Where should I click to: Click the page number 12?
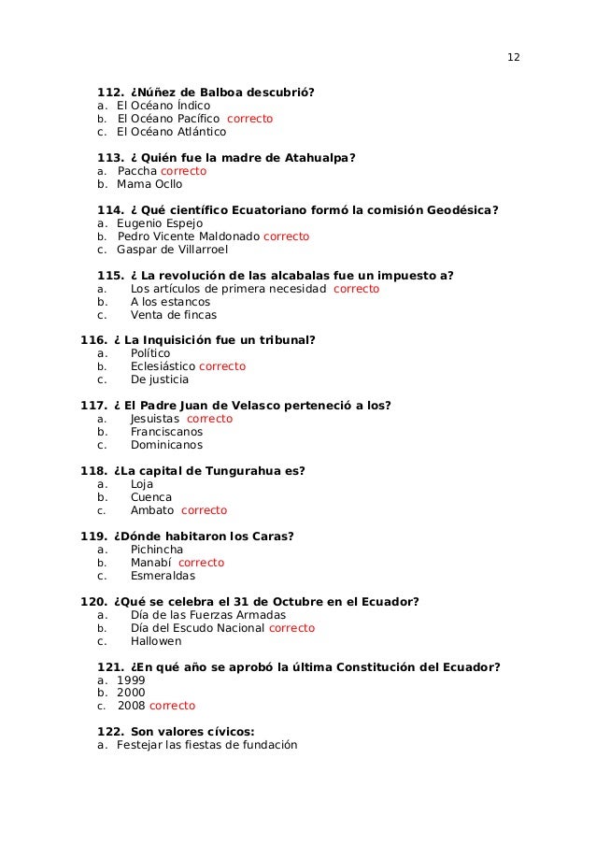(513, 57)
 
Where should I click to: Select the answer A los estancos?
(170, 302)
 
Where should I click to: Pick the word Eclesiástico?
(169, 367)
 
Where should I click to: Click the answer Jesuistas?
(155, 419)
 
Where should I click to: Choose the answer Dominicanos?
(166, 445)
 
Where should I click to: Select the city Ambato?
(151, 510)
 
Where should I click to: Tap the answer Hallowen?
(156, 641)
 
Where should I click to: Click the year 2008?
(132, 707)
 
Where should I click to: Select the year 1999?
(131, 680)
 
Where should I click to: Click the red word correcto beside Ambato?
(204, 510)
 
